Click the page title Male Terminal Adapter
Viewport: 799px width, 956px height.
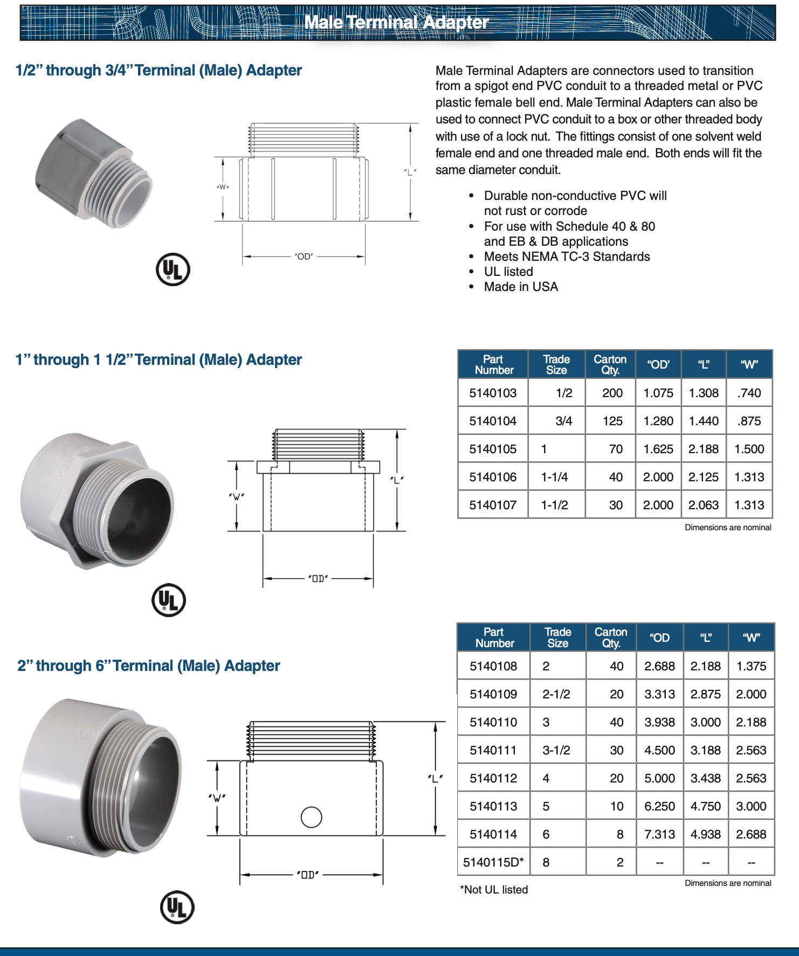click(396, 23)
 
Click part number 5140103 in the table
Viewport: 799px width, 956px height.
click(493, 393)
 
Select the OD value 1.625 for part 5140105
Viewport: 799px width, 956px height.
click(658, 449)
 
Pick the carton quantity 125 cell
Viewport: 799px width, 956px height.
click(612, 421)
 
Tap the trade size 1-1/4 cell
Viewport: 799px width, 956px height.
click(555, 477)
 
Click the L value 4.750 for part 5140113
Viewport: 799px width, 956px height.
click(705, 806)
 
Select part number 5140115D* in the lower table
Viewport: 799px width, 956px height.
click(493, 862)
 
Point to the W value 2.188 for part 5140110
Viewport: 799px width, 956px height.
click(751, 722)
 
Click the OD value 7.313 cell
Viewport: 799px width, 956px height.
click(659, 834)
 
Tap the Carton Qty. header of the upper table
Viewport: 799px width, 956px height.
click(610, 364)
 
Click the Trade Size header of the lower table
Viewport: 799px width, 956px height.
click(557, 638)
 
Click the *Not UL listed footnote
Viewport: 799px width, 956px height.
click(494, 890)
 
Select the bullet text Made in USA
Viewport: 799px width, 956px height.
click(521, 287)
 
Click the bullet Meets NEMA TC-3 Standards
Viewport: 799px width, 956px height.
click(567, 257)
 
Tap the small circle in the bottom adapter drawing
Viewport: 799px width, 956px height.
click(311, 817)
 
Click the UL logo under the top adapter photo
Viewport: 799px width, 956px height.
click(173, 269)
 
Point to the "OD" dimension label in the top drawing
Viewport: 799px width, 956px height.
click(304, 257)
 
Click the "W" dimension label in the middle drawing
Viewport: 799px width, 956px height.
click(236, 496)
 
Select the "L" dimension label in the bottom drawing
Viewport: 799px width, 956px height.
click(435, 778)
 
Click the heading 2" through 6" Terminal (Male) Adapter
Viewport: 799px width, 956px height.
click(149, 666)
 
